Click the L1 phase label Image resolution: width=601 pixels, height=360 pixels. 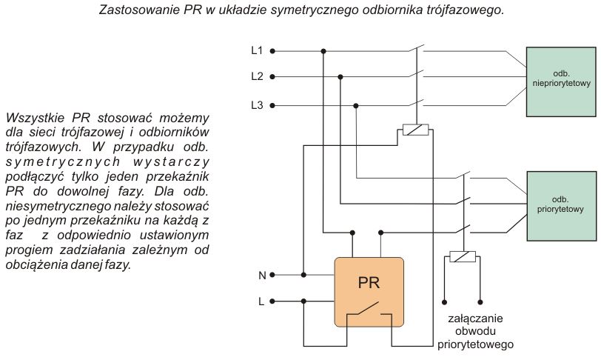(x=257, y=50)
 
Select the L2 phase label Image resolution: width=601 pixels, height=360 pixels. (x=257, y=76)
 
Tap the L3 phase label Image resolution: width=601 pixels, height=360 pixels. (x=257, y=104)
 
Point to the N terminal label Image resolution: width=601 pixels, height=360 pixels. (x=262, y=275)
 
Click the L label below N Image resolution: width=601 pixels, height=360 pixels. (x=261, y=301)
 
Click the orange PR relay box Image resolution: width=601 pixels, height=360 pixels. (x=369, y=292)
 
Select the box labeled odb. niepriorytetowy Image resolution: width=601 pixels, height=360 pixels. (x=561, y=81)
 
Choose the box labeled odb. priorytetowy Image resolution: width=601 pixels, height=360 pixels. (x=562, y=206)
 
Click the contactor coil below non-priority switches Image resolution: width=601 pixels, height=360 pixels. (x=415, y=130)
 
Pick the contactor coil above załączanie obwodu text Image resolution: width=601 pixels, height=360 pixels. (x=463, y=256)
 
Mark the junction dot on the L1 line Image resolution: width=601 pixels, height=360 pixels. (x=323, y=51)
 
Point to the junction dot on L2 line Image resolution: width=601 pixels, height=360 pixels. (x=340, y=77)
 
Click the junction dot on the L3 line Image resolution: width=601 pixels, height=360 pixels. (x=356, y=105)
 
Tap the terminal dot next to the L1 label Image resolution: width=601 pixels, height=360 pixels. (x=272, y=51)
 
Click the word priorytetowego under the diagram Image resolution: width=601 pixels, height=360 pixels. (x=475, y=344)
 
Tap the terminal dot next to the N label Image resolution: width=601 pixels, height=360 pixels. (x=272, y=275)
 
